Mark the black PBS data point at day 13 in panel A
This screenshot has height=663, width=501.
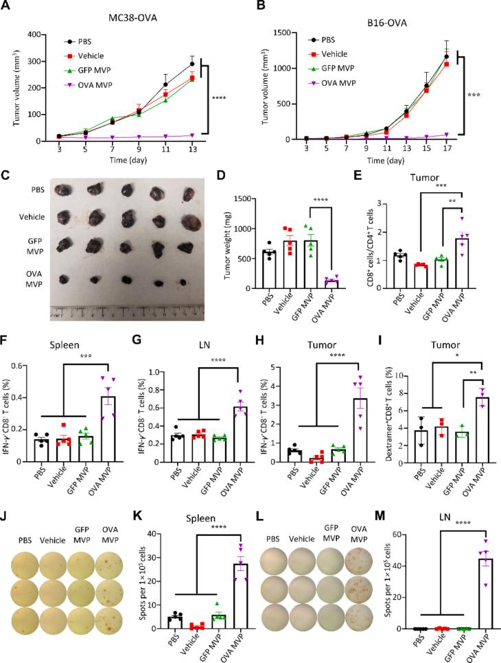coord(211,64)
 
